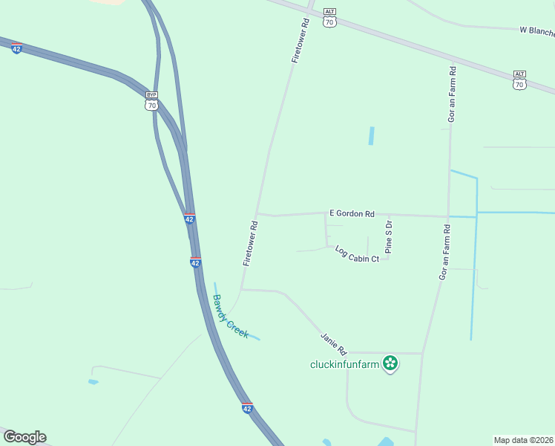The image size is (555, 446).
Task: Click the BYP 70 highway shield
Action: (151, 101)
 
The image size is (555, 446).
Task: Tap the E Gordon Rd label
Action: (352, 213)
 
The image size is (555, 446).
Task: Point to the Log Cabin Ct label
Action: (357, 253)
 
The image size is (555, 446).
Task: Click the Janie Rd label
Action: (334, 343)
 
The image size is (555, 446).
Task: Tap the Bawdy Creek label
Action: (231, 317)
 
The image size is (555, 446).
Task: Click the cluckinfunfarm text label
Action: (345, 364)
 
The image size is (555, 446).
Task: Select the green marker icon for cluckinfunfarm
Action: (390, 363)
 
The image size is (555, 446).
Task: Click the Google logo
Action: (24, 437)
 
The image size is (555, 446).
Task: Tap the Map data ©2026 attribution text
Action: (524, 439)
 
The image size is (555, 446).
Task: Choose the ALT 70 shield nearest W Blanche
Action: (519, 80)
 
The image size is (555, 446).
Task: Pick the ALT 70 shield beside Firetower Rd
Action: (330, 19)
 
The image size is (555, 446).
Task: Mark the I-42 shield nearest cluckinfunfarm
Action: (247, 408)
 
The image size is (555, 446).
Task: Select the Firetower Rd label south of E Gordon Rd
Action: (250, 244)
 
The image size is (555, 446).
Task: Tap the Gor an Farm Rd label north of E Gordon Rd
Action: (451, 94)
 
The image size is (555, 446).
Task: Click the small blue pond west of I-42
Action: (93, 382)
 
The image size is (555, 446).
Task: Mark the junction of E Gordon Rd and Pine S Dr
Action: (388, 216)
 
